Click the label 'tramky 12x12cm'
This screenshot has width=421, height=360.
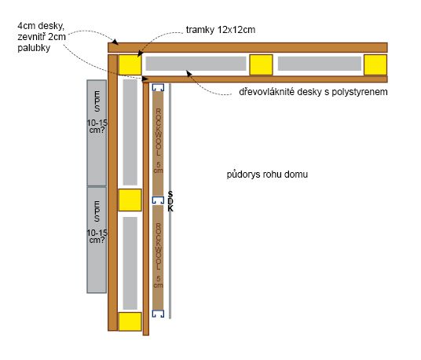(221, 30)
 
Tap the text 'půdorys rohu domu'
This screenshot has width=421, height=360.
(267, 174)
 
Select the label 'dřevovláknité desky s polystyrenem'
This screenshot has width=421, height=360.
(313, 92)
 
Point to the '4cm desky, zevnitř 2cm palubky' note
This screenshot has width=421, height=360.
(42, 37)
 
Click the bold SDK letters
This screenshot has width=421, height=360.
(170, 201)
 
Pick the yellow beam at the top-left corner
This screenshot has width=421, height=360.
(130, 64)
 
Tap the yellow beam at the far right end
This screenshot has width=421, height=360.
(375, 64)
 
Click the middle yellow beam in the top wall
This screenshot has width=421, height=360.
(262, 64)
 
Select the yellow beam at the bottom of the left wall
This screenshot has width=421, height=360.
(130, 321)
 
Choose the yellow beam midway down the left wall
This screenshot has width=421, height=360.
(130, 200)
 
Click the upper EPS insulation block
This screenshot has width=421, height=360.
(97, 133)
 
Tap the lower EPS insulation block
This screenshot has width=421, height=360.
(97, 240)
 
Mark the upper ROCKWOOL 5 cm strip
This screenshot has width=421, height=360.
(158, 144)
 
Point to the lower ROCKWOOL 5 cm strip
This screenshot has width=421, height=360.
(158, 257)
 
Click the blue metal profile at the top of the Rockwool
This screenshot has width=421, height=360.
(158, 87)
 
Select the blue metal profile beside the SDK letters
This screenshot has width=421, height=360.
(158, 200)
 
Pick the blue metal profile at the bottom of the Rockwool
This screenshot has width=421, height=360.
(158, 314)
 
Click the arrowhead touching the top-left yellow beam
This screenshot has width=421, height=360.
(140, 53)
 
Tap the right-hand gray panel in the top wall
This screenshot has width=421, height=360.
(320, 64)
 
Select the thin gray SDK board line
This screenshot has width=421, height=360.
(170, 201)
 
